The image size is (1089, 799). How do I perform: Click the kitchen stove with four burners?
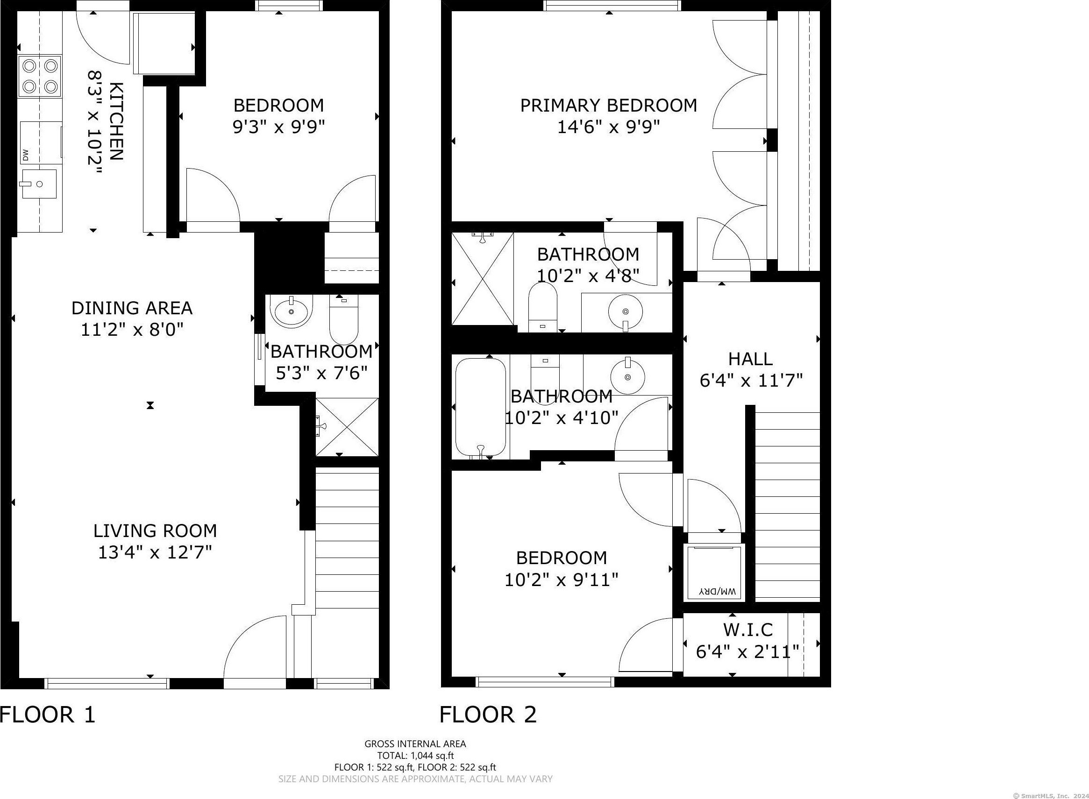click(40, 76)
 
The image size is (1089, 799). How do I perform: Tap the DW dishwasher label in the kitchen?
click(26, 155)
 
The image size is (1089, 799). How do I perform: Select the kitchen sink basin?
click(38, 184)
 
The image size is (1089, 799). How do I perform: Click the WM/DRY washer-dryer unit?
click(714, 573)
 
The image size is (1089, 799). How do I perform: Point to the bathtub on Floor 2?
click(481, 407)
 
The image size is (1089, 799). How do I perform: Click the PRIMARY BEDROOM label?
click(609, 105)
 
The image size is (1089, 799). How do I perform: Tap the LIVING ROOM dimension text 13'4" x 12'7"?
click(155, 552)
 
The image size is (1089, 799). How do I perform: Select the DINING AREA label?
click(132, 308)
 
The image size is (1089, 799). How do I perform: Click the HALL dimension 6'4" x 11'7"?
click(751, 381)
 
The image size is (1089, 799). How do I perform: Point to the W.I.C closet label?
click(748, 629)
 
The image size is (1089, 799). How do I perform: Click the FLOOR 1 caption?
click(48, 714)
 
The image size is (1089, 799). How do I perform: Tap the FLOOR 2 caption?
click(488, 714)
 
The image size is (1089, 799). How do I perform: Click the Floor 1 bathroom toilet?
click(343, 320)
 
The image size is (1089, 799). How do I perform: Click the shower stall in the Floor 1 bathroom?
click(346, 427)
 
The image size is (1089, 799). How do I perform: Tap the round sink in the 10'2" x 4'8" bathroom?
click(626, 311)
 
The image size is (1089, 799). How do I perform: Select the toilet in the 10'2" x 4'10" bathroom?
click(545, 375)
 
